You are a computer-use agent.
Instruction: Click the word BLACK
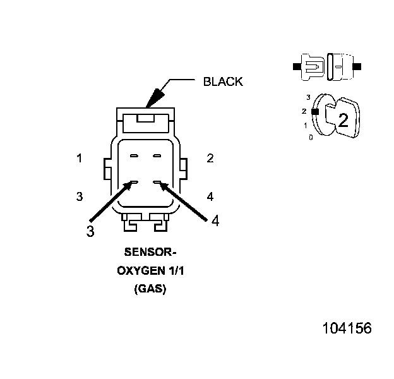click(222, 82)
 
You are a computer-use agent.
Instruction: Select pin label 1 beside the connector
click(79, 159)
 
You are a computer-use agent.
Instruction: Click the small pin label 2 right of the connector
click(210, 159)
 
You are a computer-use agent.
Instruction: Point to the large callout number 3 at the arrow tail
click(90, 231)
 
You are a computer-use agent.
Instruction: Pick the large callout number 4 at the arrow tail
click(215, 221)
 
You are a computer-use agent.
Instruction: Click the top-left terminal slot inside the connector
click(133, 155)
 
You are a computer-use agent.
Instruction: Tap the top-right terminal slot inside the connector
click(158, 155)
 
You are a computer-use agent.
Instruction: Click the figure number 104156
click(347, 328)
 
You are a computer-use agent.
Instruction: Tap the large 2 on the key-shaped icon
click(342, 120)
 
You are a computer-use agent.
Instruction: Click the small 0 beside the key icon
click(310, 137)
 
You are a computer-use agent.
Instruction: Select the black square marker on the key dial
click(314, 111)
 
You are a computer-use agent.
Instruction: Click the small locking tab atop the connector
click(145, 117)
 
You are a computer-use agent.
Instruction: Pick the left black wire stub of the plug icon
click(295, 66)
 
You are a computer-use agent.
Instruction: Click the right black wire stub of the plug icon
click(357, 66)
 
